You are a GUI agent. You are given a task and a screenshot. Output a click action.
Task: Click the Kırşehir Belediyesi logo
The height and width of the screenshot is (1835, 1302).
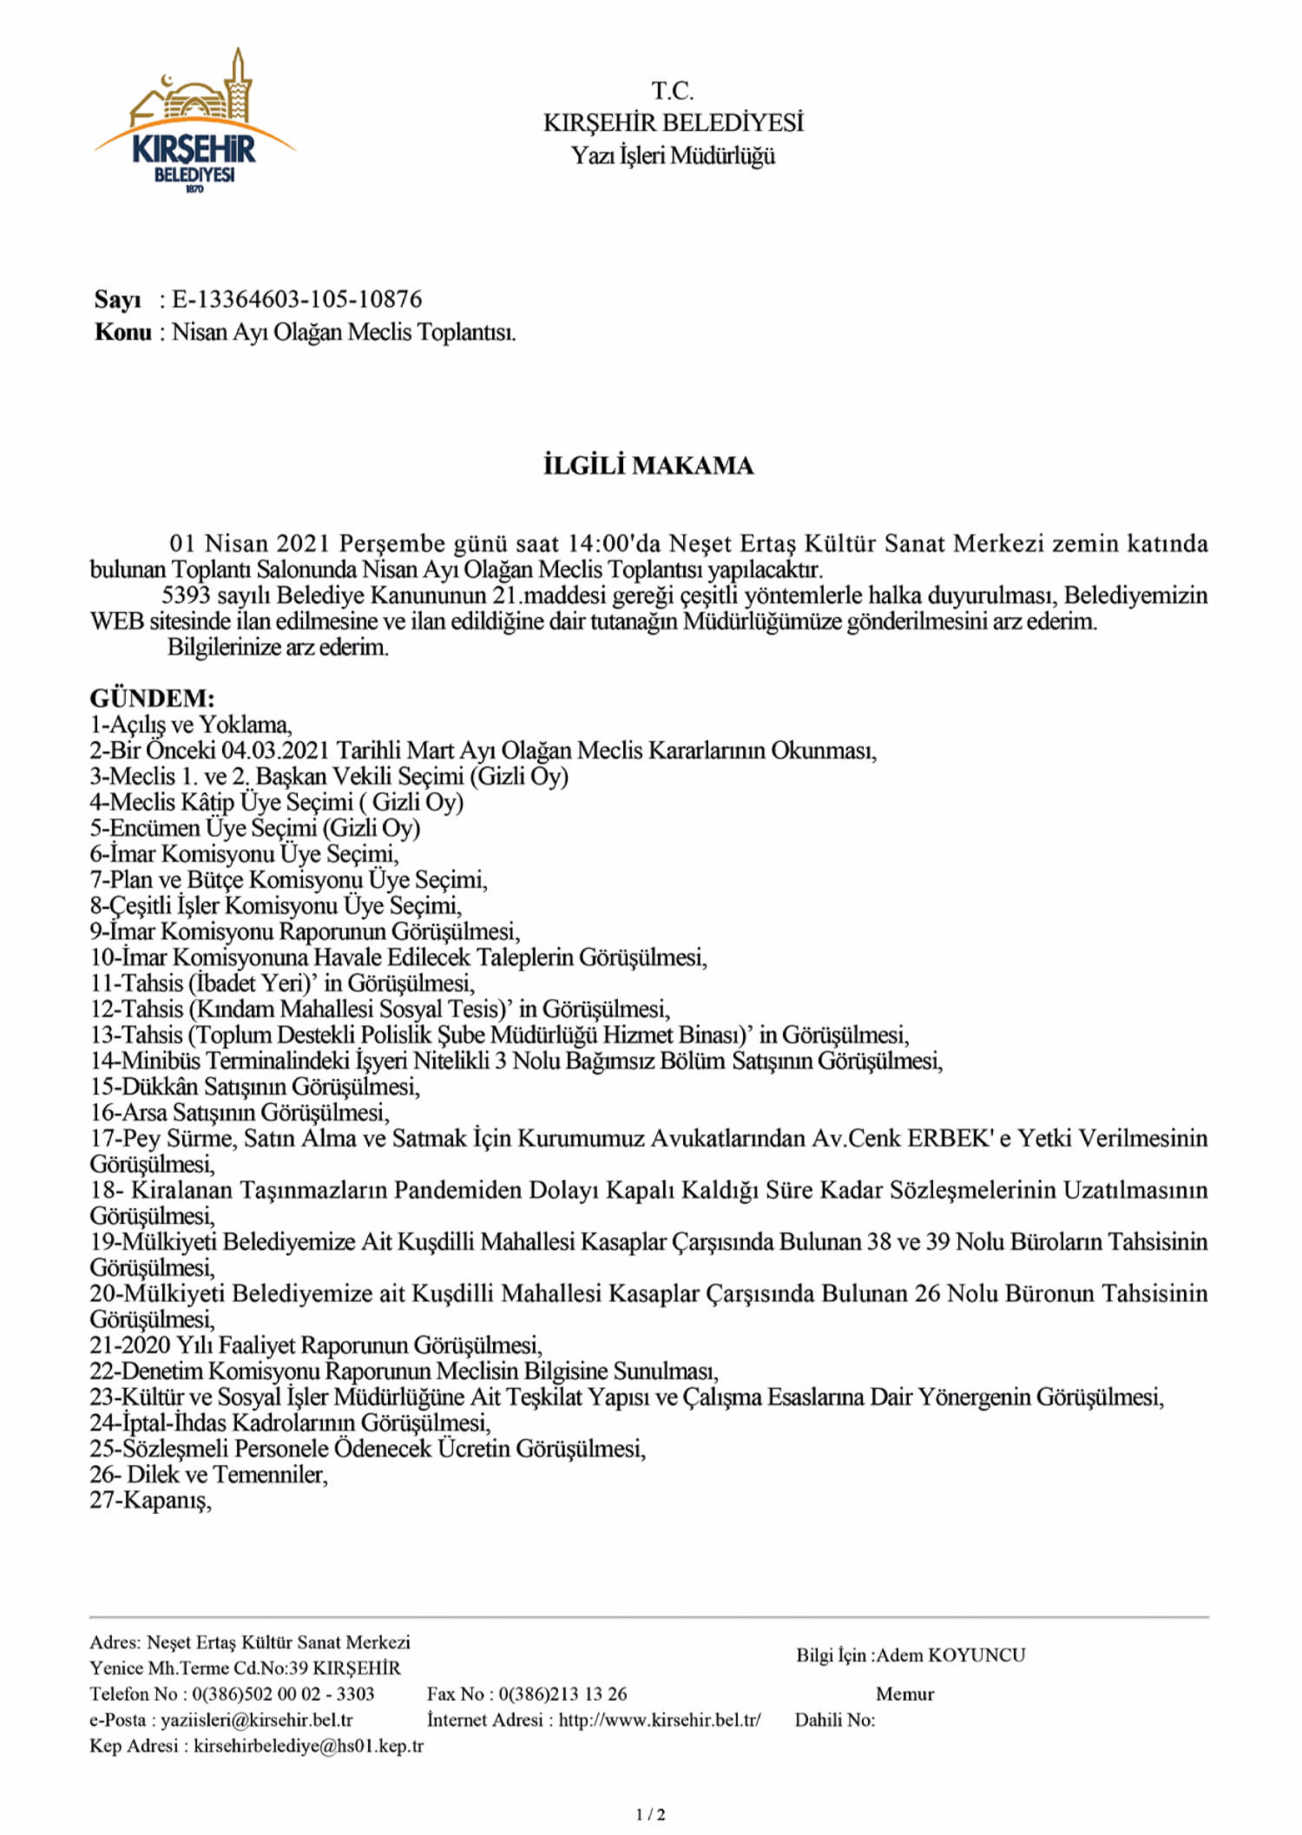(x=195, y=122)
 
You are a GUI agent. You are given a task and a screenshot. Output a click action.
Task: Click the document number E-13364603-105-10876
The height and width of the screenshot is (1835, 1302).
(x=297, y=299)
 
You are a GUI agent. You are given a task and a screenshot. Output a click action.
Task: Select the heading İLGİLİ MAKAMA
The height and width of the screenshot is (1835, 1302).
(x=648, y=466)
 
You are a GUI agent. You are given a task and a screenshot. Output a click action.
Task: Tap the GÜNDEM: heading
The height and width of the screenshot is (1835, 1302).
(x=152, y=698)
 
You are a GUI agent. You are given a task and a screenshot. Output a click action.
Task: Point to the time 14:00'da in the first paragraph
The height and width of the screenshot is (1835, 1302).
(x=615, y=543)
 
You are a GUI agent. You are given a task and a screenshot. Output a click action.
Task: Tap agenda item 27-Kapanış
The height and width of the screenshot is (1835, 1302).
(x=151, y=1501)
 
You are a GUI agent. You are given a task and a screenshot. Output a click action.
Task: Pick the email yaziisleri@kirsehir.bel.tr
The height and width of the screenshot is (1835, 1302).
(x=256, y=1720)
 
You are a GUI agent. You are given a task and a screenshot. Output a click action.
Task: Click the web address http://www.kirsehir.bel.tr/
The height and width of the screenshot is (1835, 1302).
(x=660, y=1720)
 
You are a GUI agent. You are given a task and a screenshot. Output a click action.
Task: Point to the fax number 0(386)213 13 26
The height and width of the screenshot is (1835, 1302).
(x=562, y=1694)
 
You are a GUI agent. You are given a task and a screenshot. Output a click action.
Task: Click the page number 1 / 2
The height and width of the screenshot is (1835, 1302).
(x=651, y=1814)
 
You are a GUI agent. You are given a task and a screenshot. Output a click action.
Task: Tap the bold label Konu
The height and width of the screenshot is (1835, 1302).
(x=122, y=332)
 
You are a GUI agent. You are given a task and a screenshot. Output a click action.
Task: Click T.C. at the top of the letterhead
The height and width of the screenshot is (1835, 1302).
(x=673, y=90)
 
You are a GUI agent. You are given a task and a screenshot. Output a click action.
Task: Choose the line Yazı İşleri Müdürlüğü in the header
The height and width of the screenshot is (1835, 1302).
(x=673, y=156)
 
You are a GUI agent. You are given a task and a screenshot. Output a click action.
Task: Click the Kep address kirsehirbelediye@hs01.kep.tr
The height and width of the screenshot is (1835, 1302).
(x=308, y=1746)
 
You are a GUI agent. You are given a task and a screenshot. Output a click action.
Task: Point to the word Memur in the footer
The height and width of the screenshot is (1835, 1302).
(x=904, y=1694)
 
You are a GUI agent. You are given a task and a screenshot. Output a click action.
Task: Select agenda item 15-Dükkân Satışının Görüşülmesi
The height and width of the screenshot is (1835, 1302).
(x=255, y=1087)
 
